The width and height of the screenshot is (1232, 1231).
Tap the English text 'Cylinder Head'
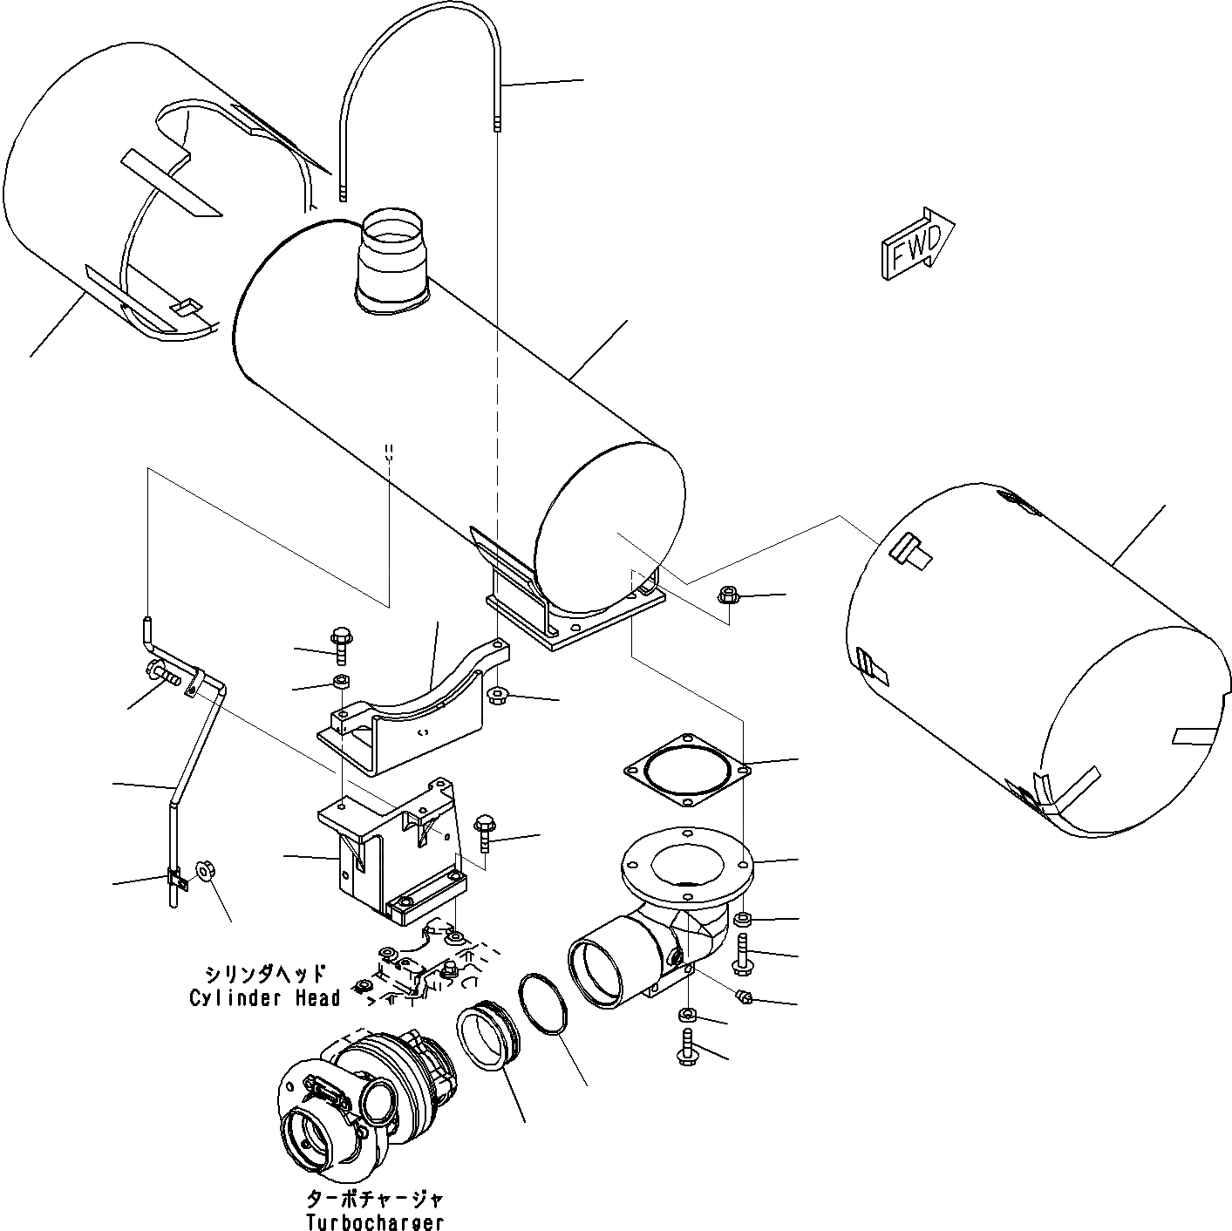pos(264,998)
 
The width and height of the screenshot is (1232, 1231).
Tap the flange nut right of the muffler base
pos(728,596)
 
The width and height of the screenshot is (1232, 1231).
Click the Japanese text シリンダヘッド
pos(265,975)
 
